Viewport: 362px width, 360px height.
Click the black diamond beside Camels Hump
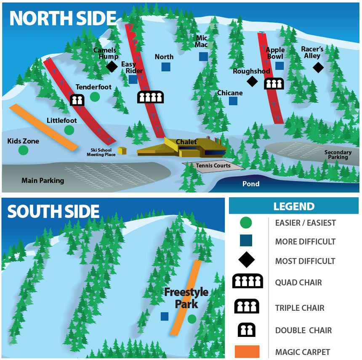pos(112,66)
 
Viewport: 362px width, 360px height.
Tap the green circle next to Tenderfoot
pos(95,97)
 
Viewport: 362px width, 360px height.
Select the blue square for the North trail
pos(166,66)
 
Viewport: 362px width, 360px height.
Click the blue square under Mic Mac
pos(203,56)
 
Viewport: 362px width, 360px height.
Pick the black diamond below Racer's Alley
pos(318,67)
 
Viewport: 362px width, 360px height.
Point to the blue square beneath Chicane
pos(233,101)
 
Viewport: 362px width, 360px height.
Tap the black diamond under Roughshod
pos(252,81)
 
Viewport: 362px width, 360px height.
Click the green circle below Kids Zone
pos(24,150)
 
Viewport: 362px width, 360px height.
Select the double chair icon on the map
pos(76,100)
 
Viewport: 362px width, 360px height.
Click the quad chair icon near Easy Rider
pos(150,97)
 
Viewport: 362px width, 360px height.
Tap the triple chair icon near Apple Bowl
pos(274,84)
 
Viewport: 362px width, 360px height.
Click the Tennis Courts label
pos(213,166)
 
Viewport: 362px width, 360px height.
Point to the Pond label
pos(251,184)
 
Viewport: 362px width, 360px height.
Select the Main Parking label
pos(43,181)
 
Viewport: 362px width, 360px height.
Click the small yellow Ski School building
pos(122,151)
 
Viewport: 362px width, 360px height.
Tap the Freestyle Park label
pos(186,298)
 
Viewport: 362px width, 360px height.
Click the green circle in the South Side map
pos(192,319)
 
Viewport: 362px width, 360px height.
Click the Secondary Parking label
pos(338,155)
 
